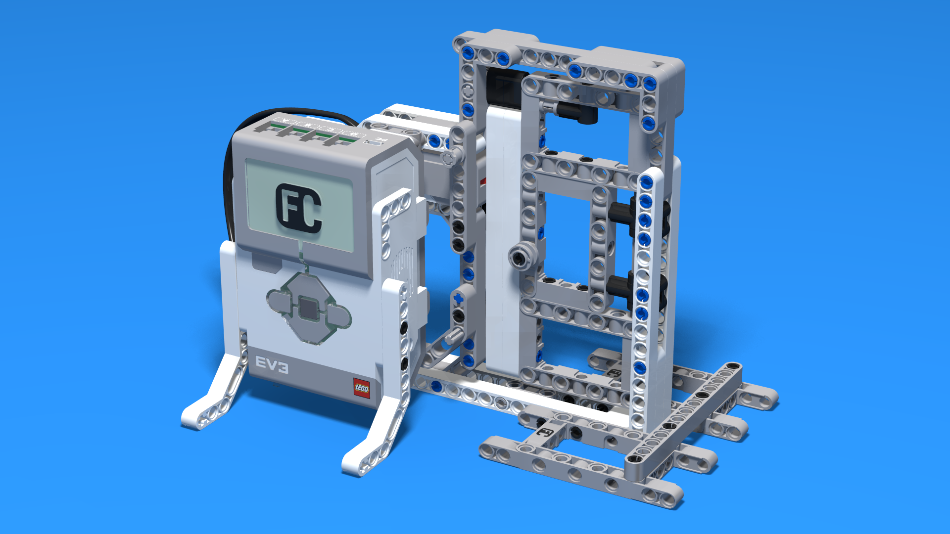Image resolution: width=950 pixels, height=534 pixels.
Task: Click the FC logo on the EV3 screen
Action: tap(299, 208)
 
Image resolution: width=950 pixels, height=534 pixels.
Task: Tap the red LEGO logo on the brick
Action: tap(361, 388)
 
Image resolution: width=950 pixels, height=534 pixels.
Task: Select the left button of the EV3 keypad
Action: tap(278, 301)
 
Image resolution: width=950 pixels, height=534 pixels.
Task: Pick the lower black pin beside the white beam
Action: tap(621, 286)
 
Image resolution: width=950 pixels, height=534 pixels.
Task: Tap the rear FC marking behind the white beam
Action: tap(614, 372)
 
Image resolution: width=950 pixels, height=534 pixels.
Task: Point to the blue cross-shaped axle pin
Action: tap(458, 298)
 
